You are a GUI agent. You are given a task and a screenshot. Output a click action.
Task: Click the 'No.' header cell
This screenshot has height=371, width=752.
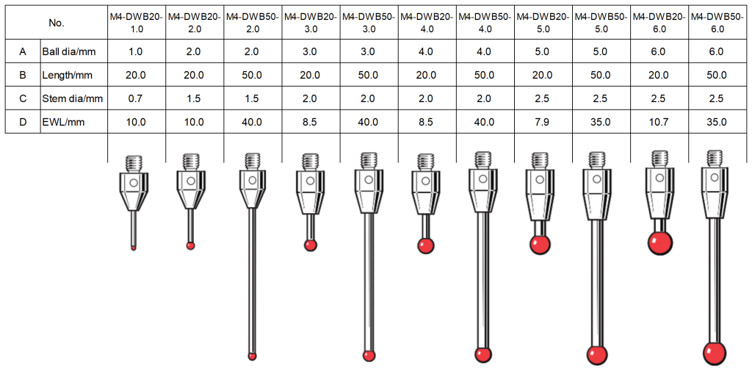point(57,23)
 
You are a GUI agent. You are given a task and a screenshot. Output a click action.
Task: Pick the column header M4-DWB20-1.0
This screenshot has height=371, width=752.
point(136,23)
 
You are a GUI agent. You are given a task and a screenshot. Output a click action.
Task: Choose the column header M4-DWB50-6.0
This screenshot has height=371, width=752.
point(717,23)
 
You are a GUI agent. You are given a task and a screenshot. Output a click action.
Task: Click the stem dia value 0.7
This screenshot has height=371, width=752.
point(136,98)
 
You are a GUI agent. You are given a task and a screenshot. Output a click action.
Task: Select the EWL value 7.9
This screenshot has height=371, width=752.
point(543,122)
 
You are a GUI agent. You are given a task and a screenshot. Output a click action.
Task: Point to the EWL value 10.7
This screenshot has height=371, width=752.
point(659,122)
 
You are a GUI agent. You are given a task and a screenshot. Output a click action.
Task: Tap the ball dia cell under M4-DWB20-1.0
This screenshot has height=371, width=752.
point(136,51)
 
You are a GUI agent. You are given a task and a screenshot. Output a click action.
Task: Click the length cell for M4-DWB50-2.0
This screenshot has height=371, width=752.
point(252,75)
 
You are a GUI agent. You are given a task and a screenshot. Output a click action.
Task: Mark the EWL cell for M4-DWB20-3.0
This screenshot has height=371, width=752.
point(310,122)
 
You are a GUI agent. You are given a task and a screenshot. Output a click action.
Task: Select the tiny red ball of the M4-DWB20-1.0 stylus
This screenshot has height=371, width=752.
point(134,248)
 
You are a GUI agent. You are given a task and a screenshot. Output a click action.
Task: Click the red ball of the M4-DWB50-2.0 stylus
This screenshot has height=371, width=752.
point(253,356)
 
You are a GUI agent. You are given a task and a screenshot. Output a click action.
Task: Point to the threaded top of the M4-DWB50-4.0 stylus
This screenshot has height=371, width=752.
point(482,158)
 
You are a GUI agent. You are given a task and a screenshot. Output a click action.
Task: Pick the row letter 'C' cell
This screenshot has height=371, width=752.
point(23,98)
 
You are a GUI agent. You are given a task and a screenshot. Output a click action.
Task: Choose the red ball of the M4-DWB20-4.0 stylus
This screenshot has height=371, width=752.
point(425,246)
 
